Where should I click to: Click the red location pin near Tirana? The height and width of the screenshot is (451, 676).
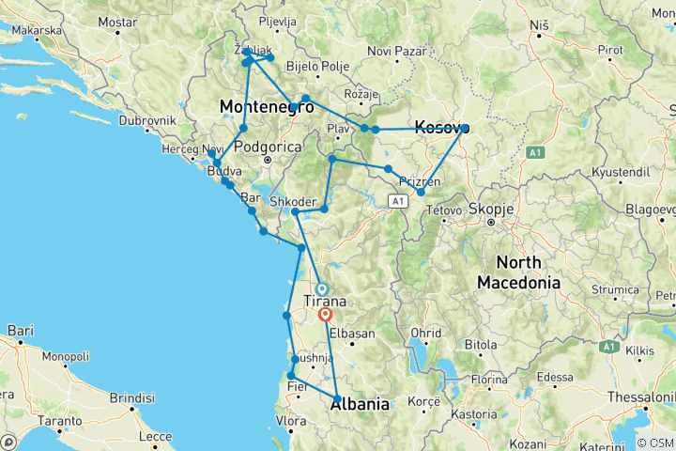point(326,316)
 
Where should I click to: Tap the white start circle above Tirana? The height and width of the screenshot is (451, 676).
point(321,289)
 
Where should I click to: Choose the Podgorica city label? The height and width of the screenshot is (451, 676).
point(268,146)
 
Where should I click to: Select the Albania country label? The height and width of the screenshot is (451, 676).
point(360,404)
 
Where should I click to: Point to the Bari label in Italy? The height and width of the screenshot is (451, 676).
point(20,331)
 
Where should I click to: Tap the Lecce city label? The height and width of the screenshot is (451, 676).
point(153,437)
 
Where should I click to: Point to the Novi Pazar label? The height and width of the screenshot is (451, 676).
point(392,50)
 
